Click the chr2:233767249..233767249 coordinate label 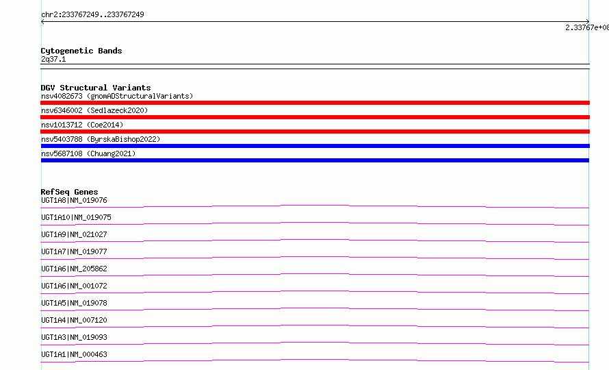(92, 14)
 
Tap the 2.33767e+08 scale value (587, 27)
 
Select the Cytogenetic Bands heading (81, 51)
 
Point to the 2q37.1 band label (53, 59)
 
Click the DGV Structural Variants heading (96, 88)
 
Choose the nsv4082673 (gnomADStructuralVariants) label (117, 96)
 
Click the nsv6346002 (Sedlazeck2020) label (94, 110)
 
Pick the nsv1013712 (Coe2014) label (82, 125)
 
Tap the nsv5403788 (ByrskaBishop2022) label (101, 139)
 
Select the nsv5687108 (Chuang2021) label (88, 153)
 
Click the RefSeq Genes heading (69, 192)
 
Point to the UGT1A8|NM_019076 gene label (74, 200)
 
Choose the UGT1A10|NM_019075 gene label (76, 217)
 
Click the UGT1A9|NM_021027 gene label (74, 234)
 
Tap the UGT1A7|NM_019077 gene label (74, 251)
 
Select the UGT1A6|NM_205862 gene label (74, 269)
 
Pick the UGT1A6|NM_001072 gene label (74, 286)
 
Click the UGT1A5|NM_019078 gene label (74, 303)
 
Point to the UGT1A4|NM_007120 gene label (74, 320)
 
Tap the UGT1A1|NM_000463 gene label (74, 354)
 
